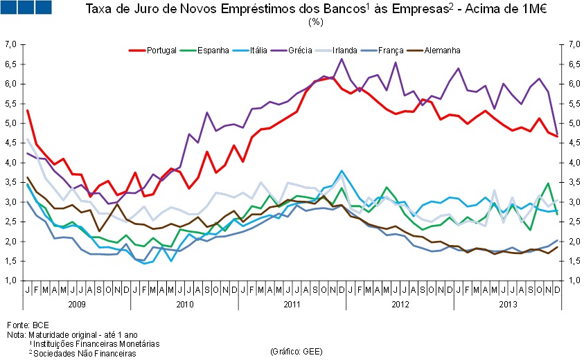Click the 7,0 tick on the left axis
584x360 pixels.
(x=10, y=44)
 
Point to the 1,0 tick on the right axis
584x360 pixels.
(x=573, y=281)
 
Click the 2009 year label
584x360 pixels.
(x=77, y=305)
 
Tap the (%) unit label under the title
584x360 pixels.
(x=316, y=22)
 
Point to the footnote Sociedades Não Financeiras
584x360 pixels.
(x=86, y=353)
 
